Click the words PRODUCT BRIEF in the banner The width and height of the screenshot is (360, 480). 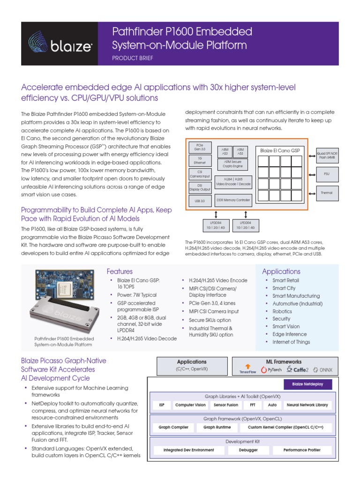tap(133, 58)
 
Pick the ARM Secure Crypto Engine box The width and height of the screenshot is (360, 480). tap(233, 164)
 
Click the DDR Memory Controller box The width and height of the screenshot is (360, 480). tap(233, 200)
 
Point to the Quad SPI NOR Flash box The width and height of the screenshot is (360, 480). tap(328, 155)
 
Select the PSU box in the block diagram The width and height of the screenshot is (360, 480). tap(327, 173)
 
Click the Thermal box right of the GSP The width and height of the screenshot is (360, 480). tap(327, 193)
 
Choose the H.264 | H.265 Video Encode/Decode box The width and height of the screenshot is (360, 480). tap(233, 181)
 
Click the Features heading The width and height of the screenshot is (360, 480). tap(120, 271)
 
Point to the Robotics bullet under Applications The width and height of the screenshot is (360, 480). tap(282, 311)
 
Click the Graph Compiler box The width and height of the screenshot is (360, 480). tap(173, 427)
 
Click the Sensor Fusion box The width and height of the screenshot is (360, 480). tap(225, 405)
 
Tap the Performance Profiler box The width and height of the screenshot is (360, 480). tap(302, 450)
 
